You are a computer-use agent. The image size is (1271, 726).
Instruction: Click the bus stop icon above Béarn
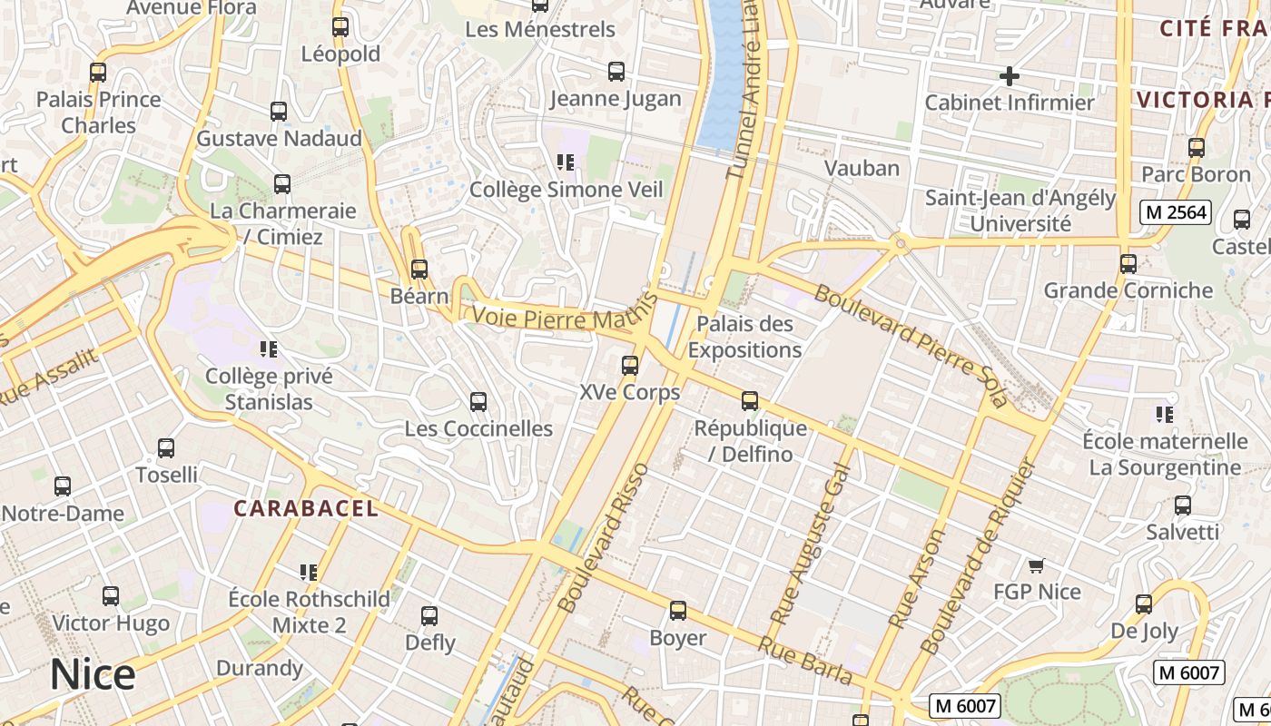[x=419, y=270]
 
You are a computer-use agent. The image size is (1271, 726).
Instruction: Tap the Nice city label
[x=93, y=675]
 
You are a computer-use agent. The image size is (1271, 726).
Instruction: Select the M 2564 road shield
[x=1176, y=212]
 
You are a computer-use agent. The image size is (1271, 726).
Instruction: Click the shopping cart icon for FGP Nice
[x=1036, y=565]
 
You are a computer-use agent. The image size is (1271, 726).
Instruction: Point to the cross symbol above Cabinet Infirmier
[x=1009, y=76]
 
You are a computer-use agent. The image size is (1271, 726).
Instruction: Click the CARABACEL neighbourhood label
[x=307, y=508]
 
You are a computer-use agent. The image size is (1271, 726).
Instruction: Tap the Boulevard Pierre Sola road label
[x=911, y=345]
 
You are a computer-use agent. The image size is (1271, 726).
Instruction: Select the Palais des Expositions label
[x=744, y=337]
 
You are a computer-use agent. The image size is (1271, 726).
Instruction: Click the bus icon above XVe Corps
[x=629, y=366]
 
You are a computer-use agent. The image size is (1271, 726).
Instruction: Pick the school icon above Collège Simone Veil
[x=566, y=162]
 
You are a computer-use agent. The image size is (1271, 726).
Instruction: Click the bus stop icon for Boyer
[x=677, y=611]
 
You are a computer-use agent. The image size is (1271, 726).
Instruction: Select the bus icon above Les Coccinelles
[x=478, y=401]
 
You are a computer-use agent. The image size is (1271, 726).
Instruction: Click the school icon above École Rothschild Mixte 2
[x=309, y=573]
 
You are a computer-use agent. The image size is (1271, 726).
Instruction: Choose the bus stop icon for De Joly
[x=1144, y=603]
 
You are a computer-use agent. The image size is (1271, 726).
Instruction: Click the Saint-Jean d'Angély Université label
[x=1020, y=211]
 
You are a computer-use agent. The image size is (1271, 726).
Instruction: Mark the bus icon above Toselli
[x=166, y=448]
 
